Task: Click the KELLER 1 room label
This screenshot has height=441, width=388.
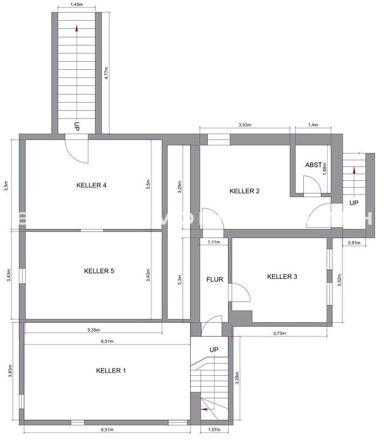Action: coord(111,370)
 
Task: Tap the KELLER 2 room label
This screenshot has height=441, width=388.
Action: coord(245,191)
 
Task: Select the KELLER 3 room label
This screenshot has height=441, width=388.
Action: coord(282,276)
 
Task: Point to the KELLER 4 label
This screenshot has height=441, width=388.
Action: coord(91,185)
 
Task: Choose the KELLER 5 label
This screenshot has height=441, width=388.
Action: coord(99,271)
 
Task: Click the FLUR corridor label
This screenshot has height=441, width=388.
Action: coord(214,279)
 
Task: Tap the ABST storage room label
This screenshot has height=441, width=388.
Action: coord(313,165)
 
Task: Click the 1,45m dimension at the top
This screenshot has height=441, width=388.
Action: coord(76,4)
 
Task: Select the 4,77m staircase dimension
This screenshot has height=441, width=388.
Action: coord(107,73)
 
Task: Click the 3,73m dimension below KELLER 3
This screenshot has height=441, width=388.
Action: coord(279,333)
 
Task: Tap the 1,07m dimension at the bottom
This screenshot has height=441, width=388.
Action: coord(214,430)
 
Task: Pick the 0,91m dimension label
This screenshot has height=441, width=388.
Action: coord(354,243)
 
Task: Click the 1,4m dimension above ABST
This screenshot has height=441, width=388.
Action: coord(313,125)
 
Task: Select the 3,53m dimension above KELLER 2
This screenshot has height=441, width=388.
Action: coord(245,125)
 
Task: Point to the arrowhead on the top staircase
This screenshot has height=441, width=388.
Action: coord(77,29)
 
